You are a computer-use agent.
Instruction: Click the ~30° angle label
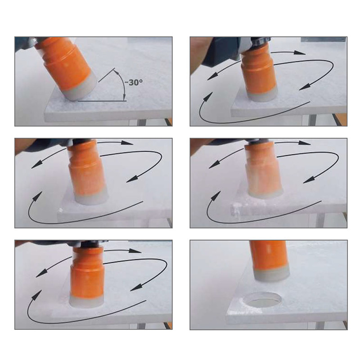tap(133, 82)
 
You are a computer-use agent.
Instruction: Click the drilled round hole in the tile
tap(262, 300)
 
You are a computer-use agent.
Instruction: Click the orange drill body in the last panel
tap(269, 254)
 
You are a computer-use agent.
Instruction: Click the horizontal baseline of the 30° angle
tap(102, 101)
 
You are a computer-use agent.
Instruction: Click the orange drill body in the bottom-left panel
tap(88, 273)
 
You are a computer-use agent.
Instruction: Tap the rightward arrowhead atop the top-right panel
tap(299, 53)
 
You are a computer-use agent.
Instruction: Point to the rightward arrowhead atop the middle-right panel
tap(305, 143)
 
